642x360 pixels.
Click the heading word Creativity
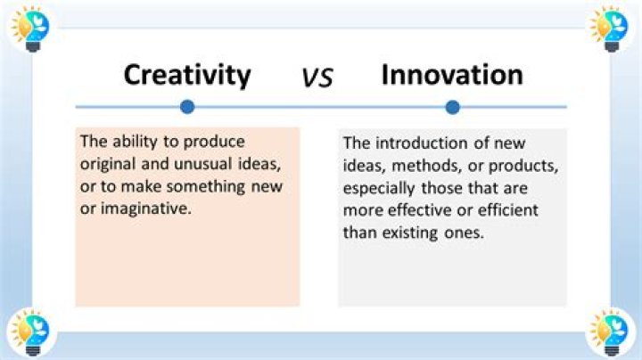point(187,74)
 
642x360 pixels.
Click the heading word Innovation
point(451,74)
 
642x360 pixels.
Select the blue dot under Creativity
point(186,107)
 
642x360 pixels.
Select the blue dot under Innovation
point(452,107)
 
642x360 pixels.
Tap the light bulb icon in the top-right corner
point(610,28)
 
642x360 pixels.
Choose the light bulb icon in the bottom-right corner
point(610,333)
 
